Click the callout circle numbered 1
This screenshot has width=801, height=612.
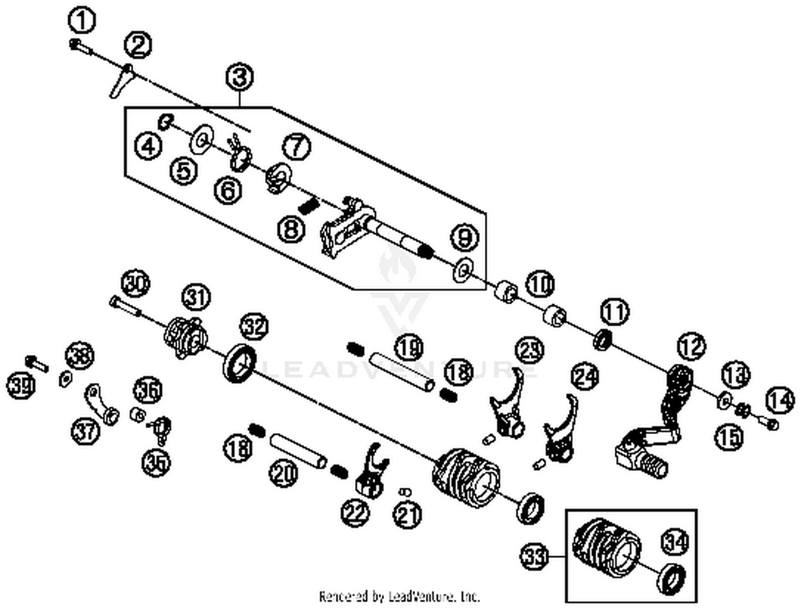click(x=82, y=21)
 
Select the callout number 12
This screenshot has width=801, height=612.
click(x=692, y=347)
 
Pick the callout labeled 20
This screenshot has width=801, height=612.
click(x=284, y=473)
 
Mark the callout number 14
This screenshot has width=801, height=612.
click(x=780, y=400)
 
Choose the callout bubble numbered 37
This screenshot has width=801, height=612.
click(x=86, y=430)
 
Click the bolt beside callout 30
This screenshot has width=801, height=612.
click(x=124, y=307)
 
